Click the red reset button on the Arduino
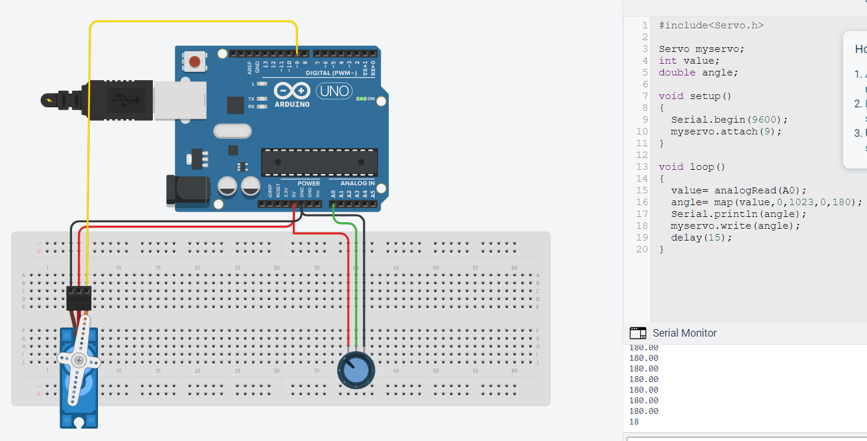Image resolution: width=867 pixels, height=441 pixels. coord(195,61)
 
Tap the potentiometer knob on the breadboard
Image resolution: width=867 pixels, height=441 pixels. coord(355,370)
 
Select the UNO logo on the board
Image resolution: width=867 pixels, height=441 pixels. coord(335,91)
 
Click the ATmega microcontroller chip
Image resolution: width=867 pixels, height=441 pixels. coord(319,162)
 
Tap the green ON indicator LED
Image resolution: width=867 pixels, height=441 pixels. coord(361,98)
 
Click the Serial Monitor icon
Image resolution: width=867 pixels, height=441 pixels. coord(637,333)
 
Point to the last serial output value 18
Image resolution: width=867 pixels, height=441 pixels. coord(634,422)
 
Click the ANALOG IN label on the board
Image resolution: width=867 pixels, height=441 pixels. coord(358,183)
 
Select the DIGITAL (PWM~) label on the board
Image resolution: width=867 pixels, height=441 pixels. coord(331,73)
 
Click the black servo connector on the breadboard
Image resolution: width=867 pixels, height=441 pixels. coord(78,298)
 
